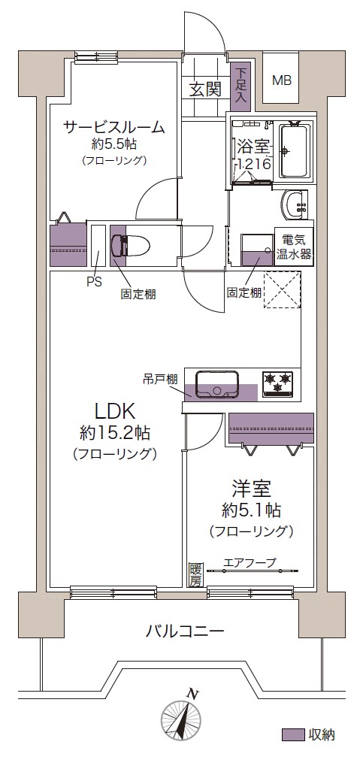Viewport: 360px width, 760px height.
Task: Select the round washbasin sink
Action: tap(294, 205)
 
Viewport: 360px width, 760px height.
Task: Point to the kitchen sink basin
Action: tap(217, 384)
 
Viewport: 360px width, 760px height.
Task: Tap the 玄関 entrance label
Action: tap(205, 89)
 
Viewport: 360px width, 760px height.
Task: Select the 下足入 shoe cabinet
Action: tap(241, 86)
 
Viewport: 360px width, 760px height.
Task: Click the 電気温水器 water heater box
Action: tap(294, 247)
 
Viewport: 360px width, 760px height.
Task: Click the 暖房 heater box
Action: tap(195, 575)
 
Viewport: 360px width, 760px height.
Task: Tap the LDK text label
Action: tap(114, 411)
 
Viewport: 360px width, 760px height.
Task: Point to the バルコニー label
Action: tap(185, 631)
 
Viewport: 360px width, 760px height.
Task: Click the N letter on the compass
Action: tap(193, 693)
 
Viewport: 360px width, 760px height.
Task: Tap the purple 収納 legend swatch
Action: tap(293, 734)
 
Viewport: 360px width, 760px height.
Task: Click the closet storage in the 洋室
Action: tap(271, 428)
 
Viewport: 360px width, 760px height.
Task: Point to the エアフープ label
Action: tap(250, 563)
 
